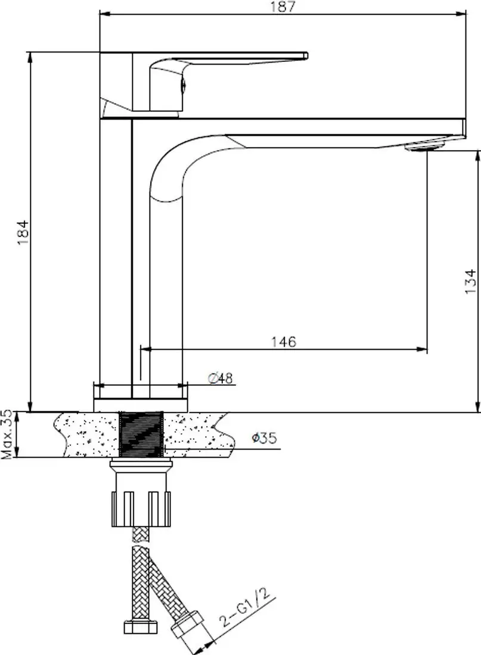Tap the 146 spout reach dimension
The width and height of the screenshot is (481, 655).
284,342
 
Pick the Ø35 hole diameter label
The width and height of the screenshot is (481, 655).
263,439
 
